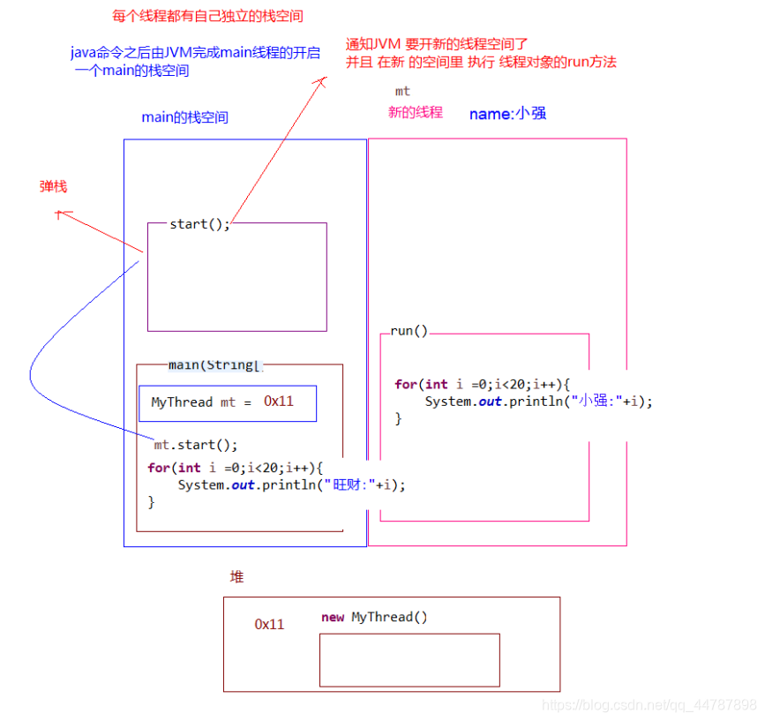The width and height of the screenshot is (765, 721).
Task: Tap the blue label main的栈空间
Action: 184,117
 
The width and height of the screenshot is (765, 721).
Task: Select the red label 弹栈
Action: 53,186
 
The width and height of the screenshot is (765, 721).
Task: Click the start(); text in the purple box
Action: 199,224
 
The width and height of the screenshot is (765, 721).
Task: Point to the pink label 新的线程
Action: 415,112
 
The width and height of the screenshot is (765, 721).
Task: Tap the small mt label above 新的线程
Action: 402,91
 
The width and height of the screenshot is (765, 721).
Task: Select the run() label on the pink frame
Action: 409,332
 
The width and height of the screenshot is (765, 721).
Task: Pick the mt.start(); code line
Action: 196,445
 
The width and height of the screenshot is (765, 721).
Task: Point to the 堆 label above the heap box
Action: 236,576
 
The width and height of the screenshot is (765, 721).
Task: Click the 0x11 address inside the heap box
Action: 269,624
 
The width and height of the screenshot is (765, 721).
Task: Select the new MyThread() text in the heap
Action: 374,617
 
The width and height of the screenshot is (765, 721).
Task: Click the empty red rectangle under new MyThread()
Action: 409,659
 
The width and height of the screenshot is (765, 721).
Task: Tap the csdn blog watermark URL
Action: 649,705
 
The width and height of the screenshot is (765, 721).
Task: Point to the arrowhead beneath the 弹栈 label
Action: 59,213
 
